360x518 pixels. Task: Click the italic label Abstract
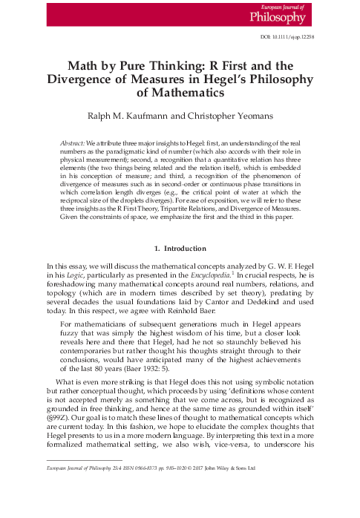(x=72, y=141)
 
